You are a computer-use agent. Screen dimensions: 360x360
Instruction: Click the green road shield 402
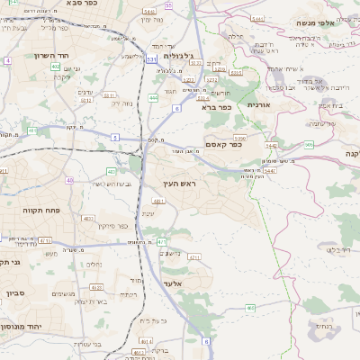click(55, 66)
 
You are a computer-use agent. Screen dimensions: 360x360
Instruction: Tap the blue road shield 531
click(150, 58)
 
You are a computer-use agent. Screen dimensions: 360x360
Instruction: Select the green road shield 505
click(309, 143)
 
